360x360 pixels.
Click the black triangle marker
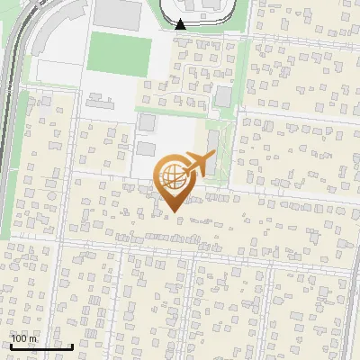181,24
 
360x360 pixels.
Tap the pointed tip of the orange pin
173,211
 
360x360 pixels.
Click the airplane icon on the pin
198,164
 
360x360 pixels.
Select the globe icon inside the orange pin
173,177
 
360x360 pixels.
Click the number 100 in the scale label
19,338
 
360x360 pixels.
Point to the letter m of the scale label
34,338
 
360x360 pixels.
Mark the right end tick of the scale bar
73,346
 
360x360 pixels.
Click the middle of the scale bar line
40,347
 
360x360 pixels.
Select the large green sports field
119,55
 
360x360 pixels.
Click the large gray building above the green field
118,13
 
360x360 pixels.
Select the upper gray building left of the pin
146,122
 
